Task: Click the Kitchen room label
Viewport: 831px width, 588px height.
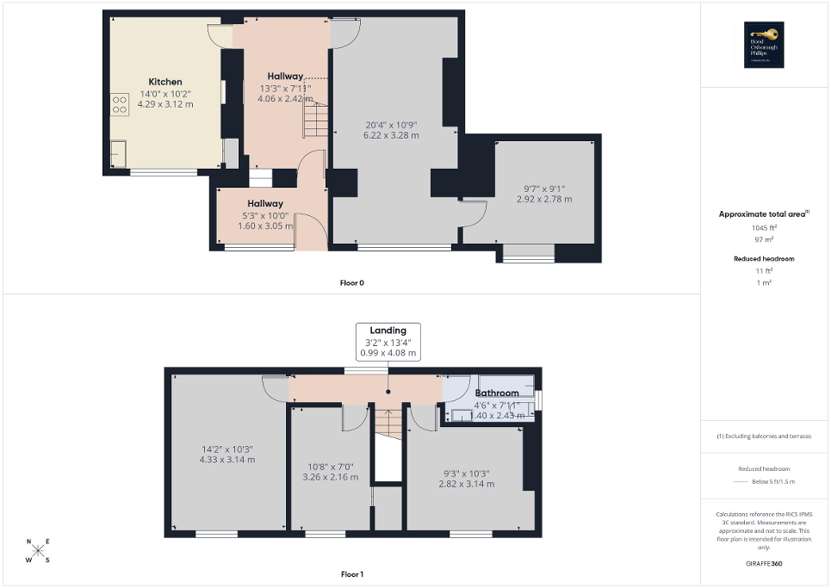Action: pos(164,82)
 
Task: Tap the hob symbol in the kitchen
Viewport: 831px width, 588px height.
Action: pos(120,105)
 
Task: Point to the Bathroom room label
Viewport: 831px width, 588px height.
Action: pos(497,393)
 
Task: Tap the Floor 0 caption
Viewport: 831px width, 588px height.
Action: pos(351,282)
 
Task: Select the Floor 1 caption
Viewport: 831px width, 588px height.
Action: pos(351,573)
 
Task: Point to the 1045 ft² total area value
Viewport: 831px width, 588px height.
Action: pos(765,227)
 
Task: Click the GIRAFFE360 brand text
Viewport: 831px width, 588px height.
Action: pos(765,564)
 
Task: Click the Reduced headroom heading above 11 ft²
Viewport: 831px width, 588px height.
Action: pos(764,258)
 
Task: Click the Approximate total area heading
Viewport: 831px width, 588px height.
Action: pos(764,214)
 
